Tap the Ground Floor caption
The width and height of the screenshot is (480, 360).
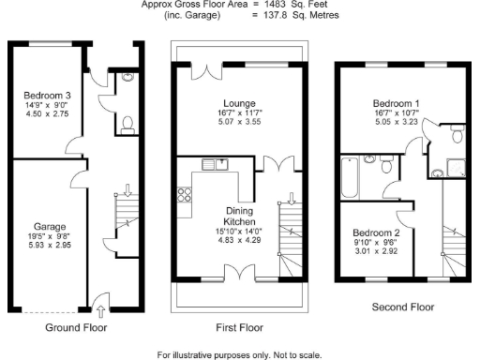click(76, 328)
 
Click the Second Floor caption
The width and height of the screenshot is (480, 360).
click(402, 307)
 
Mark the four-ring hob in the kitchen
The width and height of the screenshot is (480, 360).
click(185, 196)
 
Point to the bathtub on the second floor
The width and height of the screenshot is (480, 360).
click(350, 177)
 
